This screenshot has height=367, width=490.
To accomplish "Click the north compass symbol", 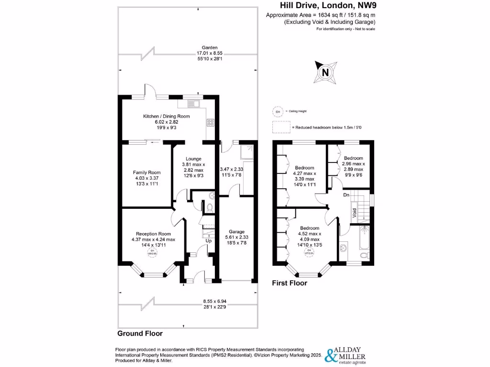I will click(325, 73).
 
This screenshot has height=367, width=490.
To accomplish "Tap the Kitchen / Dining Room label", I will click(167, 116).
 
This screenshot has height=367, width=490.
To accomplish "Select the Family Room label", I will click(146, 173).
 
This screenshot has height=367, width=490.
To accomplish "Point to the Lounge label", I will click(193, 159).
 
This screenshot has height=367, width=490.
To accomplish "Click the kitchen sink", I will click(193, 103).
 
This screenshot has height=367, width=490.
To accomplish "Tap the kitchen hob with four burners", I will click(210, 122).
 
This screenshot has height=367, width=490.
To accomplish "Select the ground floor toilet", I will click(209, 206).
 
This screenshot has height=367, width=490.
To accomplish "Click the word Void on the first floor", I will click(355, 213).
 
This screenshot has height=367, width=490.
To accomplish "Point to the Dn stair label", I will click(346, 195).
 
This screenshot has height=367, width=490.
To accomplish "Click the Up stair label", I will click(208, 241).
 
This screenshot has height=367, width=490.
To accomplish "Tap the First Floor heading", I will click(290, 283).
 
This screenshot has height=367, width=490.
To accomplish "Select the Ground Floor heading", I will click(140, 334).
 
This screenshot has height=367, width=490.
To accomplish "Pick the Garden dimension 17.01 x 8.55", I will click(210, 54).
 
